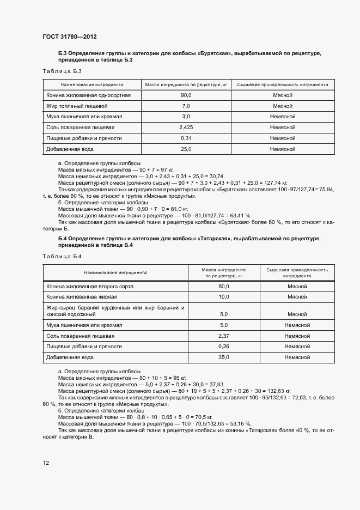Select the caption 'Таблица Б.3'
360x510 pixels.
click(62, 71)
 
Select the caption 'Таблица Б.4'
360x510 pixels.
click(62, 256)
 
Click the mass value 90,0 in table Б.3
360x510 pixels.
click(186, 95)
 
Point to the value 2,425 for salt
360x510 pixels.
click(186, 127)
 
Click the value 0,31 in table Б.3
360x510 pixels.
click(186, 138)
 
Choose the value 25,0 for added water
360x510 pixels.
click(186, 148)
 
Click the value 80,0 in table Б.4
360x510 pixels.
click(223, 286)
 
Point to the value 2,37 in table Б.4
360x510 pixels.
click(223, 336)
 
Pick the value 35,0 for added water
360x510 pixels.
click(223, 357)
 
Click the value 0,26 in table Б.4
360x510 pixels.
click(223, 347)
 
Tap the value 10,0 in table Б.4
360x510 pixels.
click(223, 297)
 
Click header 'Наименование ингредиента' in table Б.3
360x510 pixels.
click(92, 85)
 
